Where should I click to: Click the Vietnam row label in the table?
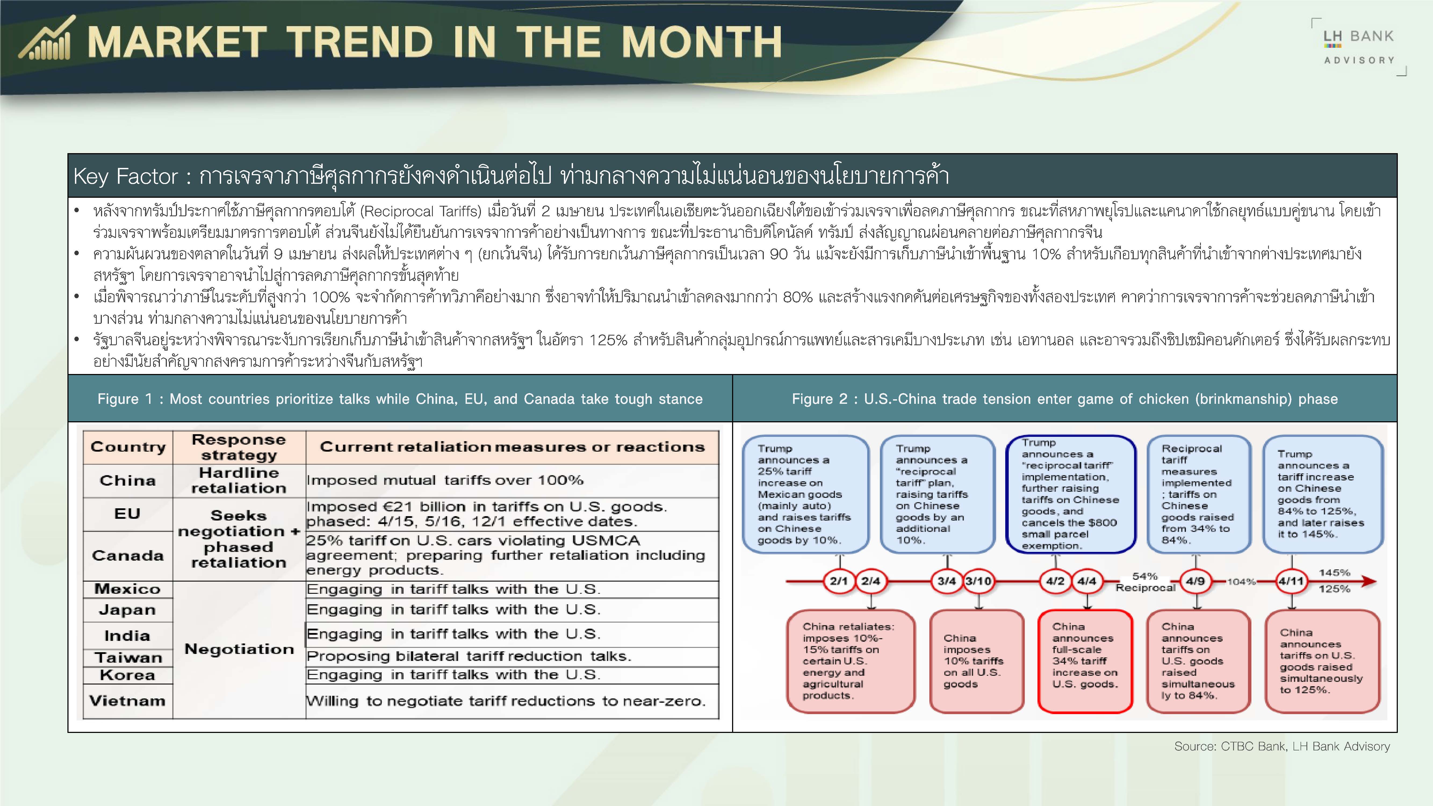pos(127,701)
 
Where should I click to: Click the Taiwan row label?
pos(128,657)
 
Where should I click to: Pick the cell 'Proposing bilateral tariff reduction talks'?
pos(469,656)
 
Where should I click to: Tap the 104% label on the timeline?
pos(1242,582)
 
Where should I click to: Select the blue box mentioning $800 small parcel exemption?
pos(1071,494)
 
